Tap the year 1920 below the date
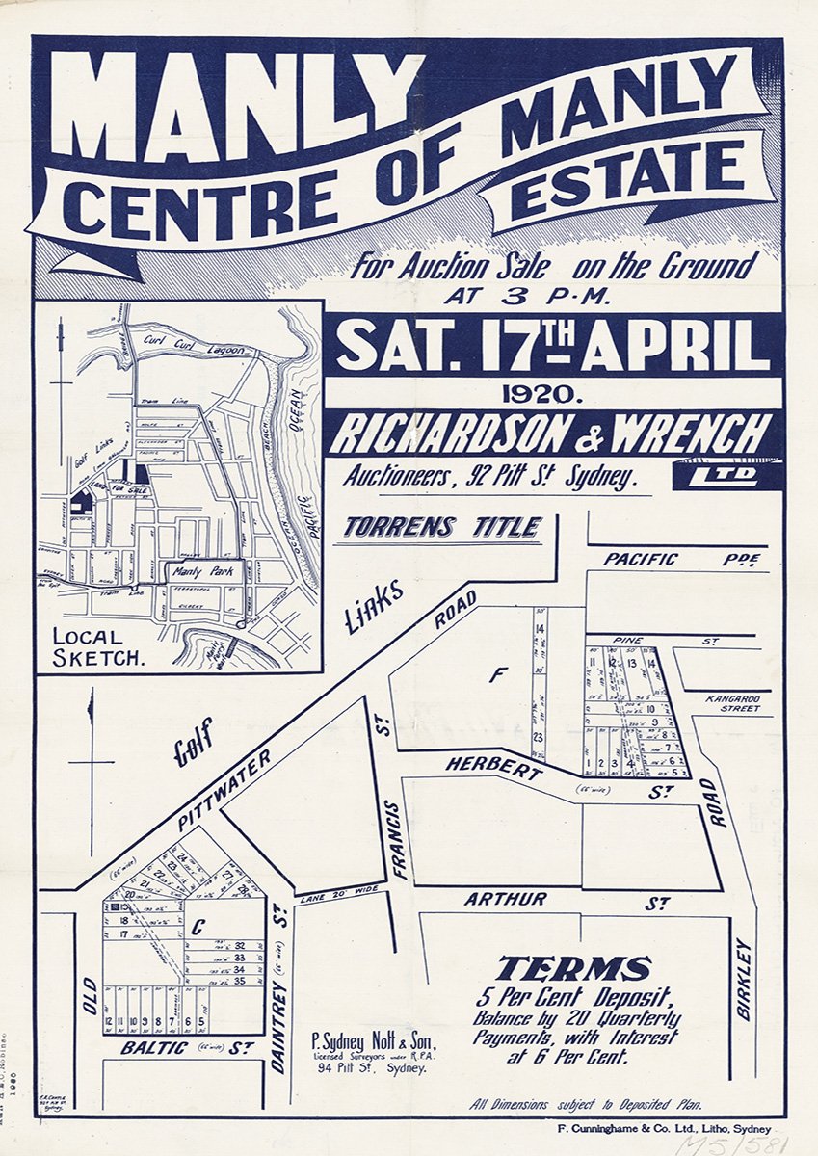tap(553, 393)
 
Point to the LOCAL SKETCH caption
tap(90, 647)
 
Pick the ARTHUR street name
tap(505, 900)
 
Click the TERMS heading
tap(574, 968)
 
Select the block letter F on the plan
tap(496, 676)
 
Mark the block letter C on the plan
tap(197, 929)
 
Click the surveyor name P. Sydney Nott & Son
tap(374, 1042)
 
